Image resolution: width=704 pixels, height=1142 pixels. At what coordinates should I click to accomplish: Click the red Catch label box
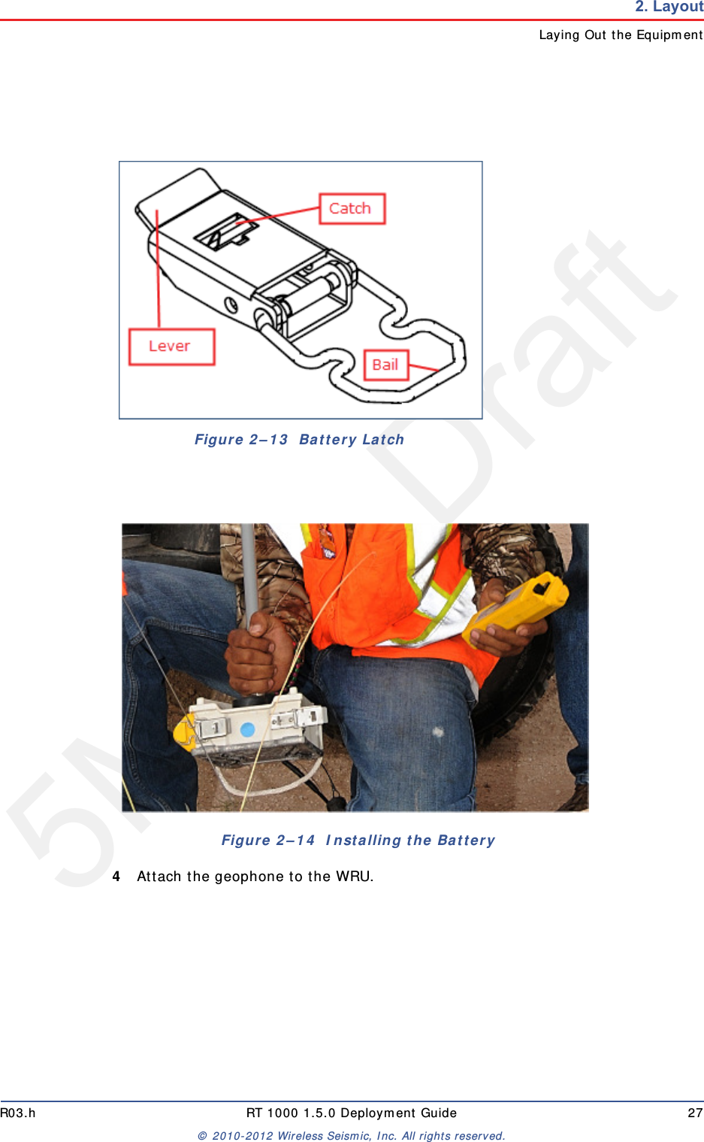click(352, 208)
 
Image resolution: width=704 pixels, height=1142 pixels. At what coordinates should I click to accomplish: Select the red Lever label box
click(171, 347)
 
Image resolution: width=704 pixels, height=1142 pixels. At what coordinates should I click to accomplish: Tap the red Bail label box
click(385, 365)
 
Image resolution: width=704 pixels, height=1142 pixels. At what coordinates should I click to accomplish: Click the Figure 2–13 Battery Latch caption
click(299, 440)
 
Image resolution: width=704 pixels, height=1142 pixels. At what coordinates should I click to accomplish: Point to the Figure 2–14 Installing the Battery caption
click(358, 841)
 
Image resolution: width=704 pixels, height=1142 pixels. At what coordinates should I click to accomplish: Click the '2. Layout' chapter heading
click(668, 8)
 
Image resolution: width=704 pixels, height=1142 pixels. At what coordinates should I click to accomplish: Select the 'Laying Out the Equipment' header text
click(620, 35)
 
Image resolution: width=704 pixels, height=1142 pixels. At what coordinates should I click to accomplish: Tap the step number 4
click(116, 877)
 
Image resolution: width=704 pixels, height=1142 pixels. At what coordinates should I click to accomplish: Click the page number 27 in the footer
click(695, 1113)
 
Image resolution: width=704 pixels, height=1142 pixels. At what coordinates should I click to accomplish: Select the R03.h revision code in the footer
click(18, 1113)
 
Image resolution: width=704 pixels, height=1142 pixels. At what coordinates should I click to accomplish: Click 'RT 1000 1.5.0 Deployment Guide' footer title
click(351, 1113)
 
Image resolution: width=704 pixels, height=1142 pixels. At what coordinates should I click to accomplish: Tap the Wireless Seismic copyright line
click(351, 1136)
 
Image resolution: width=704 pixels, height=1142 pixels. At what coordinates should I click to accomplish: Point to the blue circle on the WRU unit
click(247, 729)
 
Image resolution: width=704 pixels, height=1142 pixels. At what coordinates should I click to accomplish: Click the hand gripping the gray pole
click(259, 651)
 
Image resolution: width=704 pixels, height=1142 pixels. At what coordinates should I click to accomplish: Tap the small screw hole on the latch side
click(231, 304)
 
